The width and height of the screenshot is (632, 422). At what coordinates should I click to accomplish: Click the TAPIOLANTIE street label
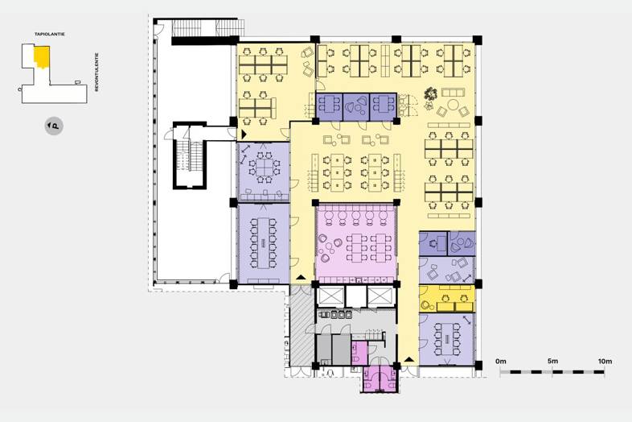coord(50,35)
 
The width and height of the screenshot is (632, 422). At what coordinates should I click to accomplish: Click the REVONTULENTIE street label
coord(96,72)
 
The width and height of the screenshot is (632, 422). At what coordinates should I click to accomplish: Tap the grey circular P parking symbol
coord(54,126)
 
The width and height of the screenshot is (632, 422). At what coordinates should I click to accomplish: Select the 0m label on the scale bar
coord(501,361)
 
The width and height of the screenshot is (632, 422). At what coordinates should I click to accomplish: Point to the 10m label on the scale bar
coord(605,361)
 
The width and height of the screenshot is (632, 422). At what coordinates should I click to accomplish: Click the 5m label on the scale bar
coord(552,361)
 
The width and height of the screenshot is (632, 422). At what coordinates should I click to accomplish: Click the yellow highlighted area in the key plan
coord(42,57)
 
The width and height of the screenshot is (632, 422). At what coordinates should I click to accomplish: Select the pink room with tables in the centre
coord(355,243)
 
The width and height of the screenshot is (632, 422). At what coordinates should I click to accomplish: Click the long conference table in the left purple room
coord(263,242)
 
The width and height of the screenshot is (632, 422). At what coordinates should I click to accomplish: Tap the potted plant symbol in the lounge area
coord(430,94)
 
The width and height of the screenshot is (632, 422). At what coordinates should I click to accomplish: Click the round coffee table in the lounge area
coord(453,105)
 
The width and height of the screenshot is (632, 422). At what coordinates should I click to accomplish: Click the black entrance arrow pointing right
coord(244,134)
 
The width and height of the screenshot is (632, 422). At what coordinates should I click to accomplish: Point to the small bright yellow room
coord(447,299)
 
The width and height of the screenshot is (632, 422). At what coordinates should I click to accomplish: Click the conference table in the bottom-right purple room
coord(447,338)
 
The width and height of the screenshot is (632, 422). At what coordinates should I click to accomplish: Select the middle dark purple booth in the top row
coord(356,107)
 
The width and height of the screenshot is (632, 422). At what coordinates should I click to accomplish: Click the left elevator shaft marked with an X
coord(331,296)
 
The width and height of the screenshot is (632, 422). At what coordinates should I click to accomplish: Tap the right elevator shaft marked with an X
coord(380,296)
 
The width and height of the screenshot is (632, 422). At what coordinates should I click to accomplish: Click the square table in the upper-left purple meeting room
coord(264,167)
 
